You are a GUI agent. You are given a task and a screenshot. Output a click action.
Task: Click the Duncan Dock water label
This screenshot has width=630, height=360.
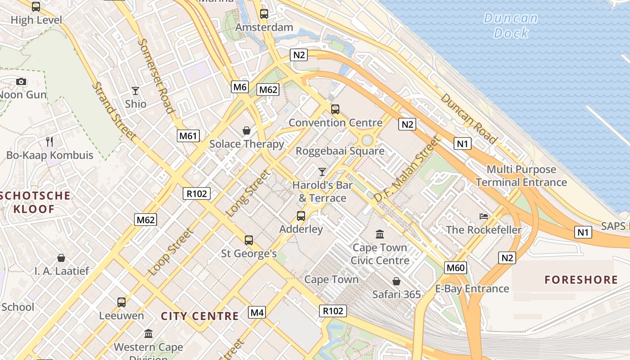coord(511,25)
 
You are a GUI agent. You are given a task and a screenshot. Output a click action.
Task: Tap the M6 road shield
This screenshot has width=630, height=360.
coord(240,87)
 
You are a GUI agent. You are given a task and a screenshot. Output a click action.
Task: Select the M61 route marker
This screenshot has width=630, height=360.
coord(188,136)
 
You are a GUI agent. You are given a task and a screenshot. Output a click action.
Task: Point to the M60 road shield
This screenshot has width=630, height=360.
coord(455,268)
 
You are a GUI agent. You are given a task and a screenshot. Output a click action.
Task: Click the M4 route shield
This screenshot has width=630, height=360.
coord(256,312)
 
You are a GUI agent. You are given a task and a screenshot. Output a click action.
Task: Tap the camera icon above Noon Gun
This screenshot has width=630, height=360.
coord(21,81)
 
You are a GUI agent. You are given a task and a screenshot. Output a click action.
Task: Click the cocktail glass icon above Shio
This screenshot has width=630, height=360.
coord(135,90)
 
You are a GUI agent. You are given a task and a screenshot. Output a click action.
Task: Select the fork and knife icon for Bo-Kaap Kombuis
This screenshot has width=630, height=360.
coord(49,142)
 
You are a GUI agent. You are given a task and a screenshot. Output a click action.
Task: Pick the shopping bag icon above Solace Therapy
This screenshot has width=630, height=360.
coord(247,130)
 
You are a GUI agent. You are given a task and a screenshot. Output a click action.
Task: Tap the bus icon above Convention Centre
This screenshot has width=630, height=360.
coord(335,109)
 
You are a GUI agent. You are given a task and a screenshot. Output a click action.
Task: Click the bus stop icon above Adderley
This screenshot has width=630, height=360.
coord(301,216)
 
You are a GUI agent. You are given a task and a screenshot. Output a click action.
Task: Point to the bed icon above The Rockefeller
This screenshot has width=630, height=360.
coord(484,216)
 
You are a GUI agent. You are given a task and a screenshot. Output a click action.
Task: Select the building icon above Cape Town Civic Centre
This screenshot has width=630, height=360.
coord(380,234)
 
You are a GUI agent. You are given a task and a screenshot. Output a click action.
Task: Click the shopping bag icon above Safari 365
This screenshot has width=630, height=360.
coord(396,281)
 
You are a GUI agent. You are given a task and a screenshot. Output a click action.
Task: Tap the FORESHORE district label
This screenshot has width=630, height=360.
coord(581,280)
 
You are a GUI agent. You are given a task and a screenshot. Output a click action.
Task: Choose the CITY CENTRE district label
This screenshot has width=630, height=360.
coord(200,316)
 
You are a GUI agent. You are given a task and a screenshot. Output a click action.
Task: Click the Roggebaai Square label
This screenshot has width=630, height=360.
coord(340,151)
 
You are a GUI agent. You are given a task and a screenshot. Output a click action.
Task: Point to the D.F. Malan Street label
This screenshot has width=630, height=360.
coord(406,169)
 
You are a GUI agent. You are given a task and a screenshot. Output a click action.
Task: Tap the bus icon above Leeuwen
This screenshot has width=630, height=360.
coord(121,302)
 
